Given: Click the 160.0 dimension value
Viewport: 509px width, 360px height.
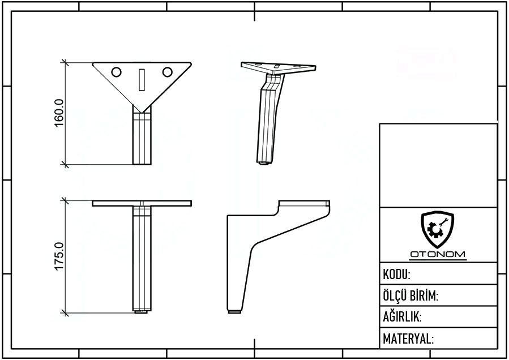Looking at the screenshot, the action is pyautogui.click(x=59, y=113).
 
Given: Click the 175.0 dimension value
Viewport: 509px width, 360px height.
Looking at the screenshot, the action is pyautogui.click(x=59, y=256).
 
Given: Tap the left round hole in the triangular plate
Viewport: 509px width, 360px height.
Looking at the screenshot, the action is pyautogui.click(x=117, y=72).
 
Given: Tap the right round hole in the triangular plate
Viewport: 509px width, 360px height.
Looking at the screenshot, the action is pyautogui.click(x=167, y=72).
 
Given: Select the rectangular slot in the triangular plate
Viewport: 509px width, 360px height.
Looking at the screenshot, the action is pyautogui.click(x=142, y=80).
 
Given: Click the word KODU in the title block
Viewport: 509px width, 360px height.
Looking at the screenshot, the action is pyautogui.click(x=396, y=275).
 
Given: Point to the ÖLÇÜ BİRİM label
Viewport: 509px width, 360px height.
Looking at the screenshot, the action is pyautogui.click(x=410, y=295).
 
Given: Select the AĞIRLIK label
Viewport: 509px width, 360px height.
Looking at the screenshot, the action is pyautogui.click(x=402, y=317).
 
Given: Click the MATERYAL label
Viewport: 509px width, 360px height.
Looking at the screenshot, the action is pyautogui.click(x=408, y=338).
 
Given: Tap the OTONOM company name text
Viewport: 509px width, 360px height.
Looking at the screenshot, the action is pyautogui.click(x=438, y=254).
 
